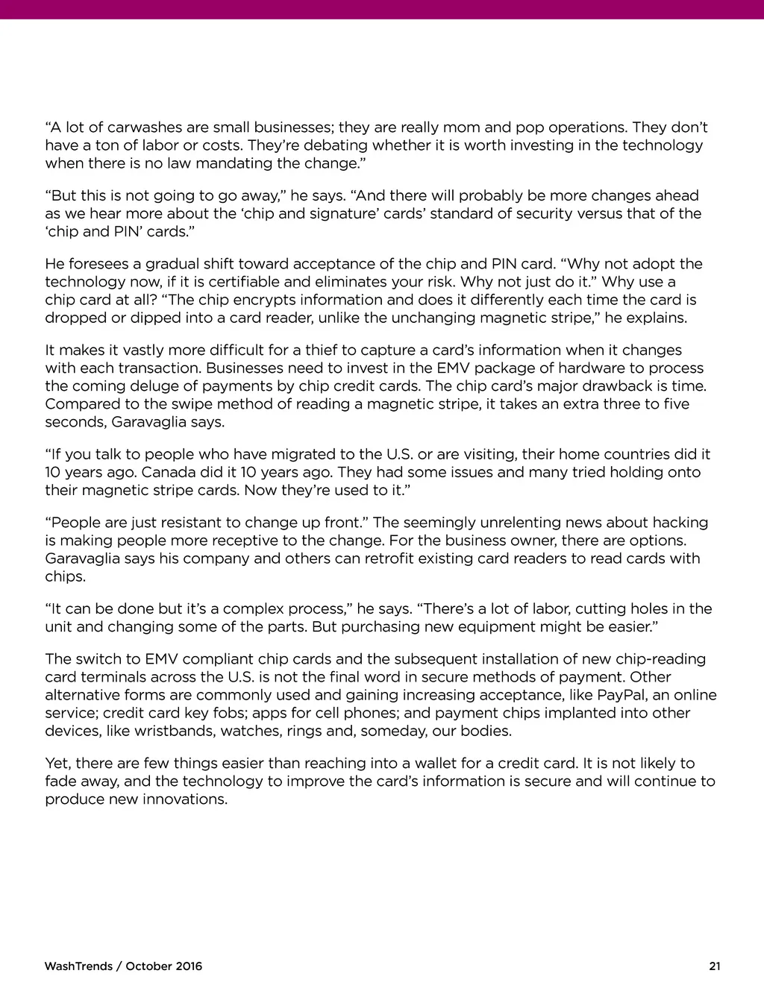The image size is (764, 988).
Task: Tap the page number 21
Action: click(x=715, y=967)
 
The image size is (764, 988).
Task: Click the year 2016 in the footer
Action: click(x=188, y=967)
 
